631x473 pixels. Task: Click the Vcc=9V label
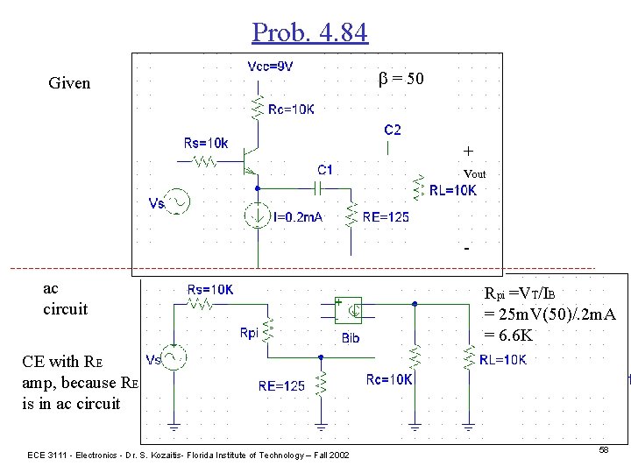pos(271,67)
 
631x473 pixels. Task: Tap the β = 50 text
pos(401,79)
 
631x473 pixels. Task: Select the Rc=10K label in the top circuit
pos(292,109)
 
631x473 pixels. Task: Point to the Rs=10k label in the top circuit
pos(206,142)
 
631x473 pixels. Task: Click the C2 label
pos(393,130)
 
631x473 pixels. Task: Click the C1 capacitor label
pos(325,170)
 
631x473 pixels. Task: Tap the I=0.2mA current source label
pos(297,217)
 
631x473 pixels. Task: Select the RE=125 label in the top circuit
pos(386,217)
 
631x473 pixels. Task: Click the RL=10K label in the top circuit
pos(453,190)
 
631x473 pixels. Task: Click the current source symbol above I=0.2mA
pos(257,214)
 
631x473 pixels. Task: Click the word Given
pos(69,84)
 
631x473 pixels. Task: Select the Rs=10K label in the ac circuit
pos(210,290)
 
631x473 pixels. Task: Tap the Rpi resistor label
pos(249,333)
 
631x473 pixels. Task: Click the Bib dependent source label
pos(350,336)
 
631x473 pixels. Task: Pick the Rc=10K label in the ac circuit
pos(389,379)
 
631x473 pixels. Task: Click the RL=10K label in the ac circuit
pos(503,360)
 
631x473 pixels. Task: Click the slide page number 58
pos(603,448)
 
